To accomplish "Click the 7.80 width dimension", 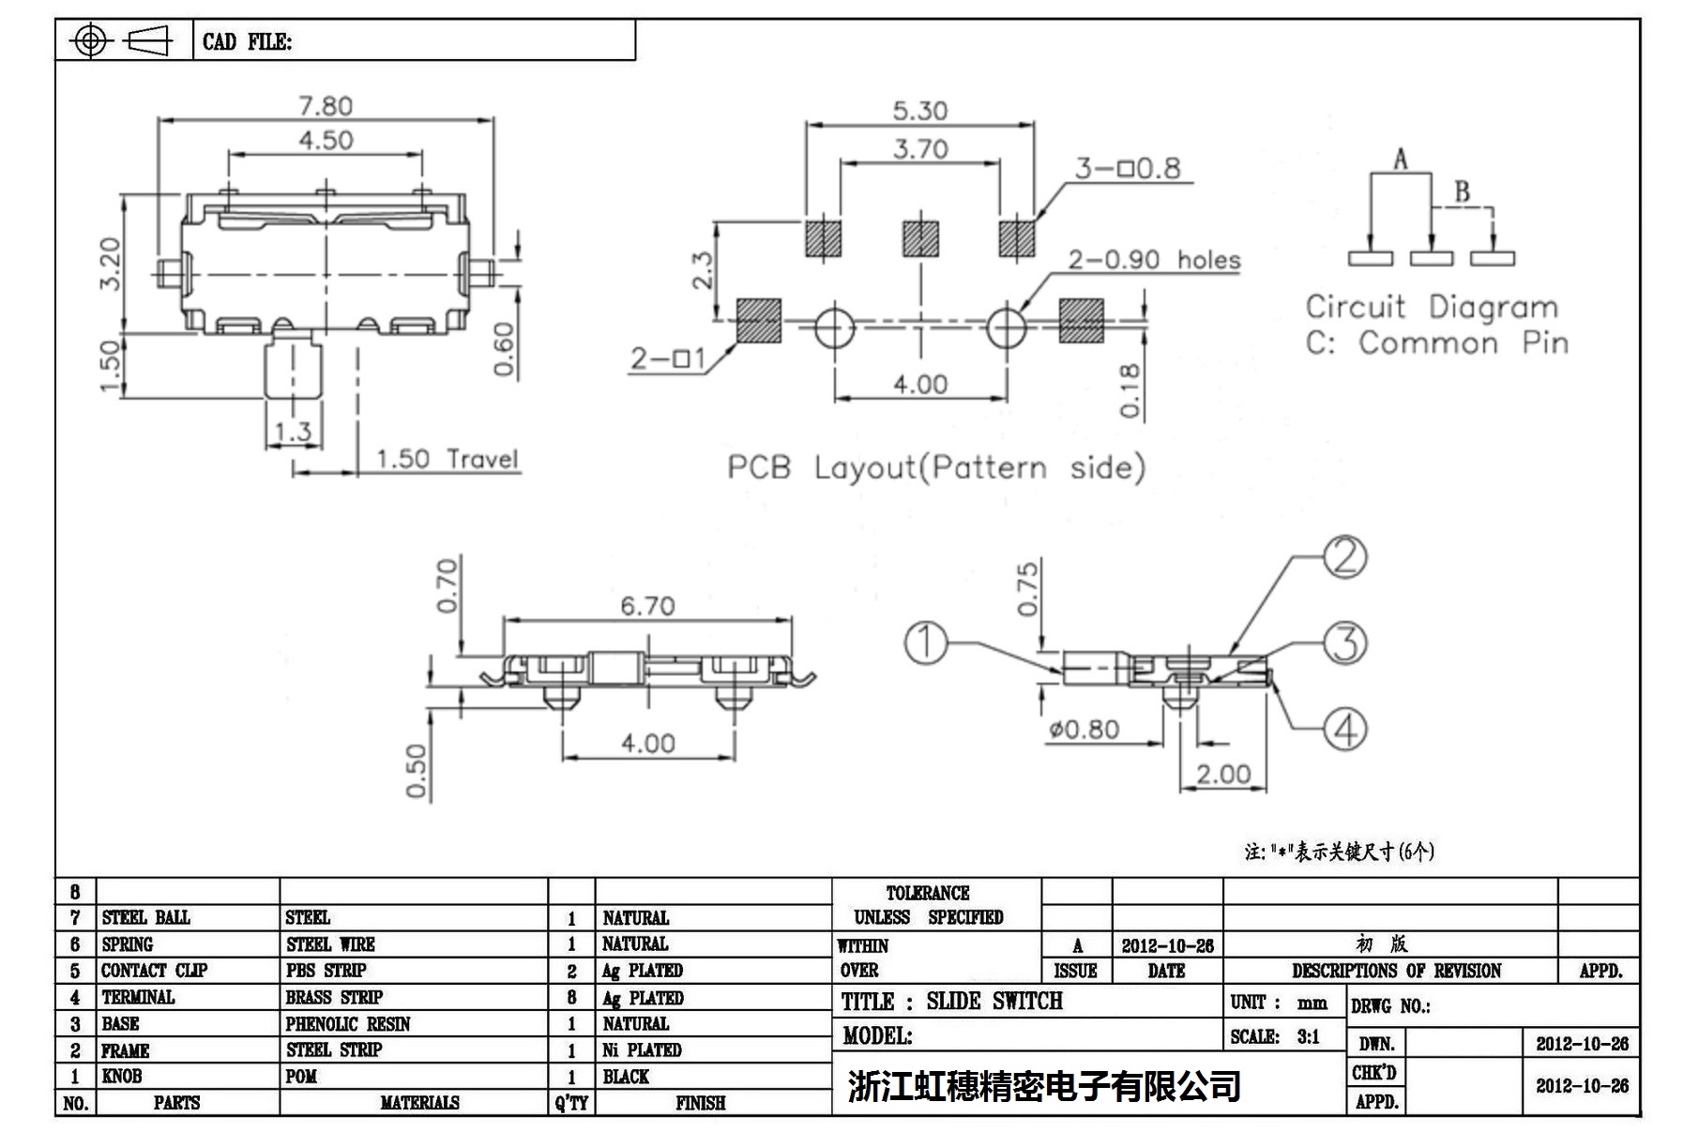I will pos(326,106).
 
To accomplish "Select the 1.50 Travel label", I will pos(447,459).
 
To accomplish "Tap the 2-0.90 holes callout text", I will pos(1154,260).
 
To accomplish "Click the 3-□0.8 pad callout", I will pos(1128,169).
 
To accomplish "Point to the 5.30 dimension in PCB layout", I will pos(919,111).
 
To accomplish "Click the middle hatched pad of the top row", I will pos(920,238).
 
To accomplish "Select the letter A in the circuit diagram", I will pos(1400,159).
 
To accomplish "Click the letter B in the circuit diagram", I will pos(1462,192).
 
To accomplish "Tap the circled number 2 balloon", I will pos(1344,557).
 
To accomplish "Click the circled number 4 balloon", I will pos(1344,729).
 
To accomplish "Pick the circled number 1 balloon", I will pos(926,643).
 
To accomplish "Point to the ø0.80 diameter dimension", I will pos(1084,729).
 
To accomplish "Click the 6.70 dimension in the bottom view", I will pos(647,606).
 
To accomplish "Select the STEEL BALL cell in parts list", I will pos(146,917).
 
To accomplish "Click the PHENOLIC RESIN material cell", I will pos(348,1024).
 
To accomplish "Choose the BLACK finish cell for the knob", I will pos(626,1077).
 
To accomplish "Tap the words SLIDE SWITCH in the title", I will pos(994,1002).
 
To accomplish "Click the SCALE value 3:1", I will pos(1308,1036).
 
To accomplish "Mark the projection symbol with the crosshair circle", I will pos(90,40).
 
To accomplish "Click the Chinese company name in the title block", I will pos(1044,1086).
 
